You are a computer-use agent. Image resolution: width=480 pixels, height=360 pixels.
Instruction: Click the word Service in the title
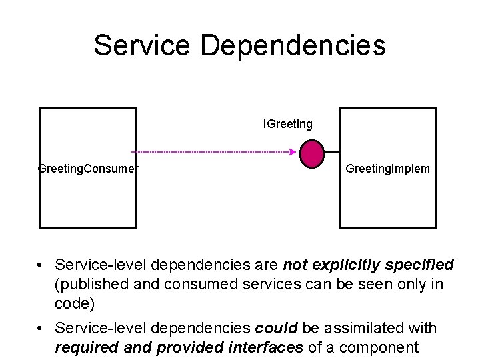tap(141, 46)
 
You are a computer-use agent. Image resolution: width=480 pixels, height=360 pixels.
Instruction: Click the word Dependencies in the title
tap(293, 46)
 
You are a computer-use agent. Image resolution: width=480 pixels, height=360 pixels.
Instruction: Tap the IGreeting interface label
tap(288, 124)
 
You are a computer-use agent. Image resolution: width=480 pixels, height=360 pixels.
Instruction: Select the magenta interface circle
tap(312, 153)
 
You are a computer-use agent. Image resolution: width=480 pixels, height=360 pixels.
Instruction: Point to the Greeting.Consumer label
tap(88, 169)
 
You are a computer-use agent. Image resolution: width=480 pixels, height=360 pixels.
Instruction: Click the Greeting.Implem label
tap(387, 169)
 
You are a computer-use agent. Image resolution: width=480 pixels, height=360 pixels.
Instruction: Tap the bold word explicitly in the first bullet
tap(345, 265)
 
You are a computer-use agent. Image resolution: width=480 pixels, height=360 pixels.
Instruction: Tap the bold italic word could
tap(277, 328)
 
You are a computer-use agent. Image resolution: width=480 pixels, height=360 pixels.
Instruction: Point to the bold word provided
tap(181, 347)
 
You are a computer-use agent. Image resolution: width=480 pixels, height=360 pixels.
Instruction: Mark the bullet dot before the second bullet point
tap(42, 329)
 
